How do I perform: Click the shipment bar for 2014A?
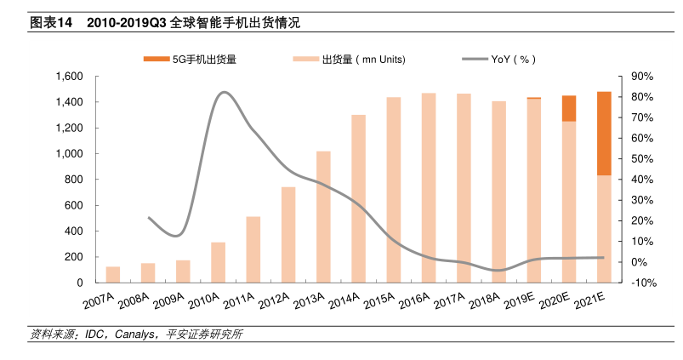point(358,198)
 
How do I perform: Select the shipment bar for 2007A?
point(113,274)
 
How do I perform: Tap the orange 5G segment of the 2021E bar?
point(603,133)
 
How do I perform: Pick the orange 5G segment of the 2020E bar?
point(568,108)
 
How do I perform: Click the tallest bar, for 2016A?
point(429,187)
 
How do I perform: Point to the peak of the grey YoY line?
point(224,92)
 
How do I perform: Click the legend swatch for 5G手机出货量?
point(157,60)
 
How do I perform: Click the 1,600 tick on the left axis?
point(69,77)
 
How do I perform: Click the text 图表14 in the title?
point(50,23)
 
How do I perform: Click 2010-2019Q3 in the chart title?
point(127,23)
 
